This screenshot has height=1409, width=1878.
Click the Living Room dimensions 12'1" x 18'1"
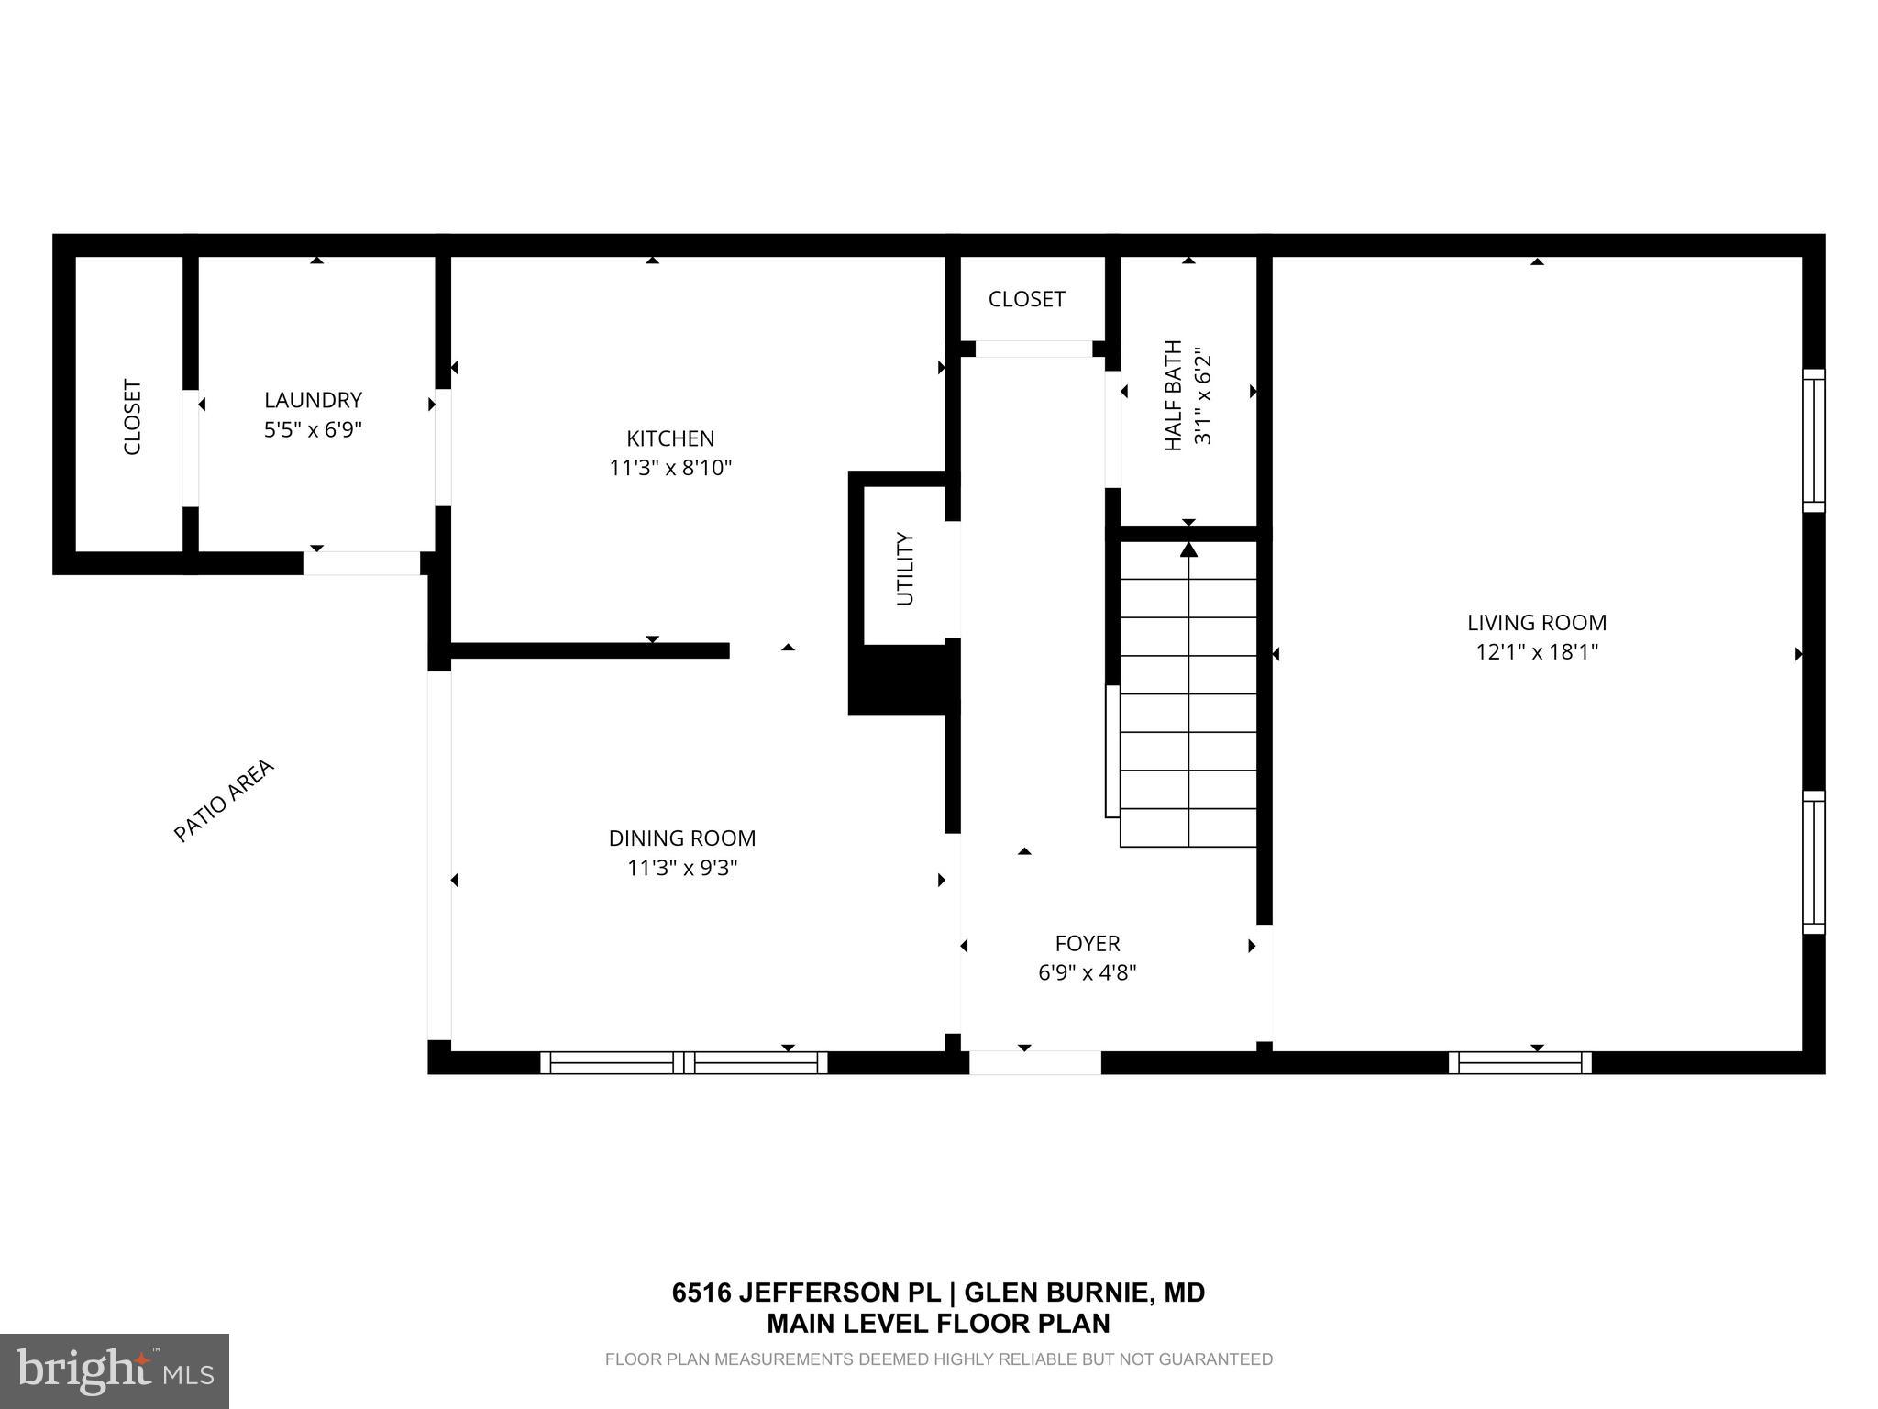[1536, 652]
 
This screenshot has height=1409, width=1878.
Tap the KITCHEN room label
[669, 438]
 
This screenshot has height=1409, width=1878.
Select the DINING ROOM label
[681, 838]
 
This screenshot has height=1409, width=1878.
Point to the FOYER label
[1087, 943]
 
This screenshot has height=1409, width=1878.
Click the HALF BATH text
[1173, 395]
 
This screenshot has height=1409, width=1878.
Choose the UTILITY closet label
[905, 569]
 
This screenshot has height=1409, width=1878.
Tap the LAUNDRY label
[313, 400]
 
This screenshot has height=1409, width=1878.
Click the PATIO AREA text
[224, 800]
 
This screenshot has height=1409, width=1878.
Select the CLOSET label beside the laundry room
[133, 417]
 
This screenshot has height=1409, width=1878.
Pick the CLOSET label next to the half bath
[1026, 299]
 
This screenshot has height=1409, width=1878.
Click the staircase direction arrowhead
[1188, 549]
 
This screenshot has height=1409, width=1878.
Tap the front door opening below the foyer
[1034, 1062]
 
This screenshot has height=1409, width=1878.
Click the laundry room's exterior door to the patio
[361, 563]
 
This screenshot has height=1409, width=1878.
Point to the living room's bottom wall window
[1519, 1062]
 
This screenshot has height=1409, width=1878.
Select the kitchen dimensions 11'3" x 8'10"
[669, 468]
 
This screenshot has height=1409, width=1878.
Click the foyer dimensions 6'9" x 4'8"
[1087, 972]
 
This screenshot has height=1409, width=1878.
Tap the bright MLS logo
[115, 1370]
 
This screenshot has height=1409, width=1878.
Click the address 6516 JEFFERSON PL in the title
[806, 1293]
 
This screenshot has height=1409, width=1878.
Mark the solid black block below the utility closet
[902, 680]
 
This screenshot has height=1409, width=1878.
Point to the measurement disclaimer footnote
[938, 1359]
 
